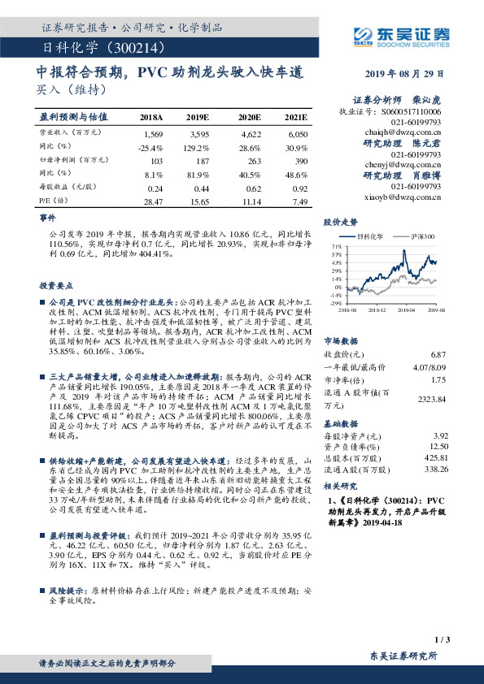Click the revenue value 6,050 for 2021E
pyautogui.click(x=299, y=132)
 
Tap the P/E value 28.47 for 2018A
pyautogui.click(x=153, y=200)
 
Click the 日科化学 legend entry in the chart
pyautogui.click(x=372, y=236)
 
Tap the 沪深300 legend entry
pyautogui.click(x=423, y=236)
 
